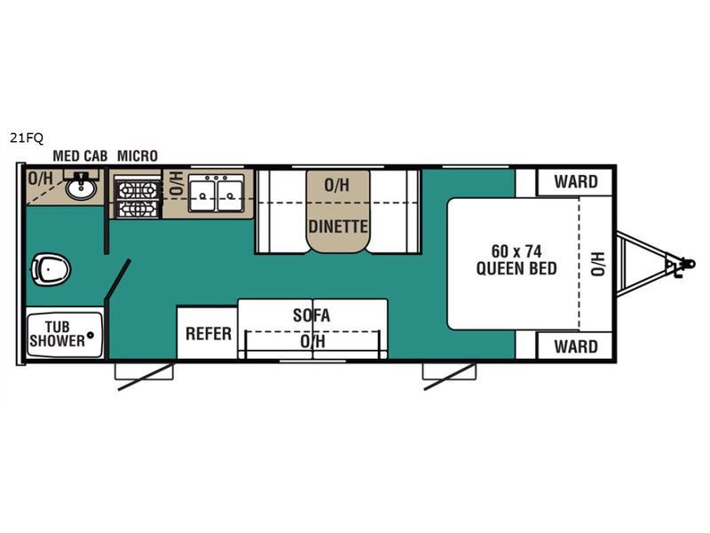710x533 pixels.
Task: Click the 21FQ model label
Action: pyautogui.click(x=27, y=138)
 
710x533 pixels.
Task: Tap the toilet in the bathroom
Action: pyautogui.click(x=51, y=270)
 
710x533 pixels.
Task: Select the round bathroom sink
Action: pyautogui.click(x=81, y=187)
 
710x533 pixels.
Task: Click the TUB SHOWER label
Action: pyautogui.click(x=57, y=334)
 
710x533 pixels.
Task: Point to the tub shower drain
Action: pyautogui.click(x=91, y=336)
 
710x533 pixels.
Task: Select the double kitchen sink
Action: pyautogui.click(x=216, y=194)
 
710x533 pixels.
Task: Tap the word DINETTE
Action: pyautogui.click(x=338, y=227)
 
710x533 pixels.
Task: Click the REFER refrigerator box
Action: pyautogui.click(x=208, y=332)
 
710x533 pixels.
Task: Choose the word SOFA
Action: pyautogui.click(x=312, y=315)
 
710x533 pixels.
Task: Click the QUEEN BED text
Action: pyautogui.click(x=517, y=268)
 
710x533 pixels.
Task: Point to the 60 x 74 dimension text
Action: pyautogui.click(x=517, y=251)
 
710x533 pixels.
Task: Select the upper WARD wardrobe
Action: pyautogui.click(x=574, y=182)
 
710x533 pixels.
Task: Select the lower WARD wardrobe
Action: pyautogui.click(x=574, y=346)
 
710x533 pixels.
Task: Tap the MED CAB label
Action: pyautogui.click(x=80, y=156)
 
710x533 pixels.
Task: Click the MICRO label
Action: pyautogui.click(x=138, y=156)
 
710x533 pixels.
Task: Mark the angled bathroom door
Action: pyautogui.click(x=118, y=279)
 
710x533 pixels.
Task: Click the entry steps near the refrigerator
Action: pyautogui.click(x=144, y=371)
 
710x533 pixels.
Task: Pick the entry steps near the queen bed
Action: pyautogui.click(x=449, y=371)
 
